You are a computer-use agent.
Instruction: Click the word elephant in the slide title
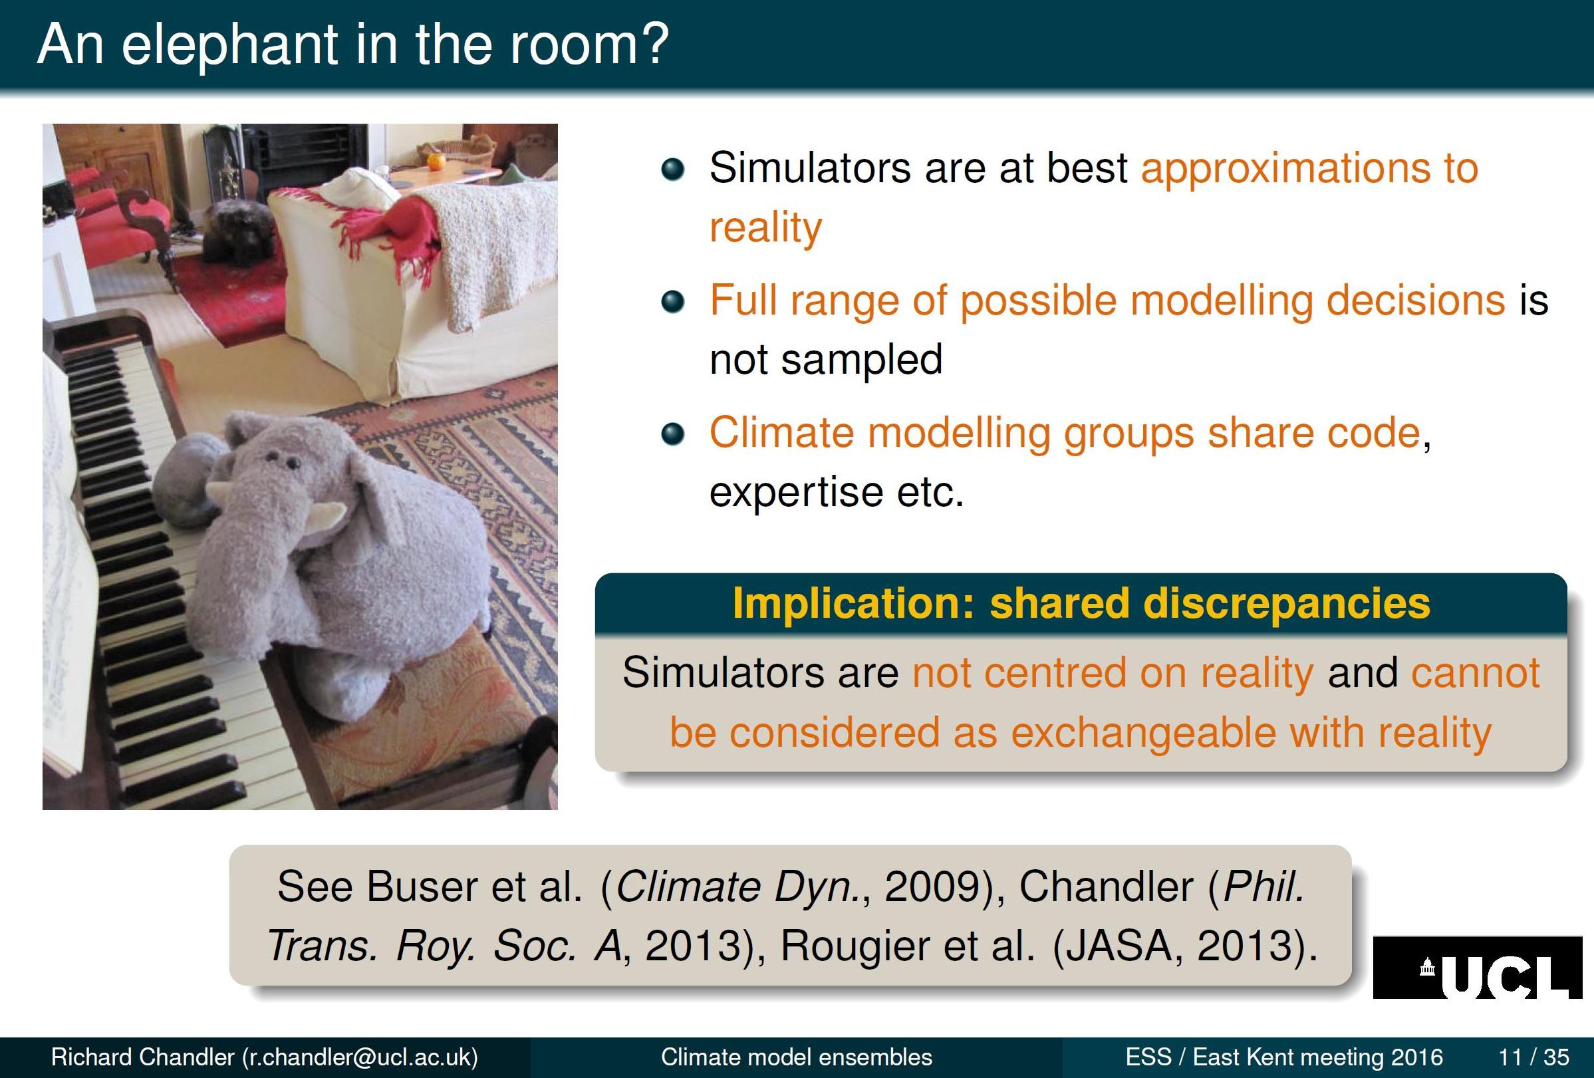click(230, 45)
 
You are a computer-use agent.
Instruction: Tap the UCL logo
click(1478, 967)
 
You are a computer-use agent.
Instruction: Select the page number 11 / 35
click(1533, 1057)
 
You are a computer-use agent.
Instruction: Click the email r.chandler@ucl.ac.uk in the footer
click(360, 1057)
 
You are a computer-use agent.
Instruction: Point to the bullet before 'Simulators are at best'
click(673, 169)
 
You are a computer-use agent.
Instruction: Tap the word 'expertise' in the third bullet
click(796, 491)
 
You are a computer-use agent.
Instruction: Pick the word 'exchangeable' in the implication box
click(1142, 732)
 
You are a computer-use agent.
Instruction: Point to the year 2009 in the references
click(934, 886)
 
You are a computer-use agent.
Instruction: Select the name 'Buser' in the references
click(421, 886)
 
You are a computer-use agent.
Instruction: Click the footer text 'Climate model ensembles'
click(796, 1057)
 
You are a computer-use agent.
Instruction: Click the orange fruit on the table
click(436, 162)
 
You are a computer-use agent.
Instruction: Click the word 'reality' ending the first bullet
click(765, 228)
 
